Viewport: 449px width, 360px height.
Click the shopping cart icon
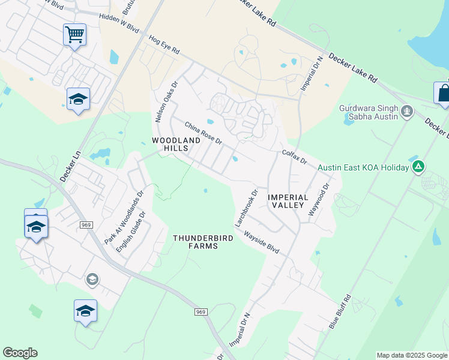coord(74,35)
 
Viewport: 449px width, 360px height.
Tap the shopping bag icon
coord(442,94)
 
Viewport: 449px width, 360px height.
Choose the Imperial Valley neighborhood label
coord(288,201)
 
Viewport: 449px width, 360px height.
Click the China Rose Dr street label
coord(203,134)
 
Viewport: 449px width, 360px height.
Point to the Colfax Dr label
coord(294,157)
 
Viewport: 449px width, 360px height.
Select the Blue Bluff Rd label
coord(339,312)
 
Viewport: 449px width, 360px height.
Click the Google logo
coord(20,353)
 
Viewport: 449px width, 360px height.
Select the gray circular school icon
coord(92,278)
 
